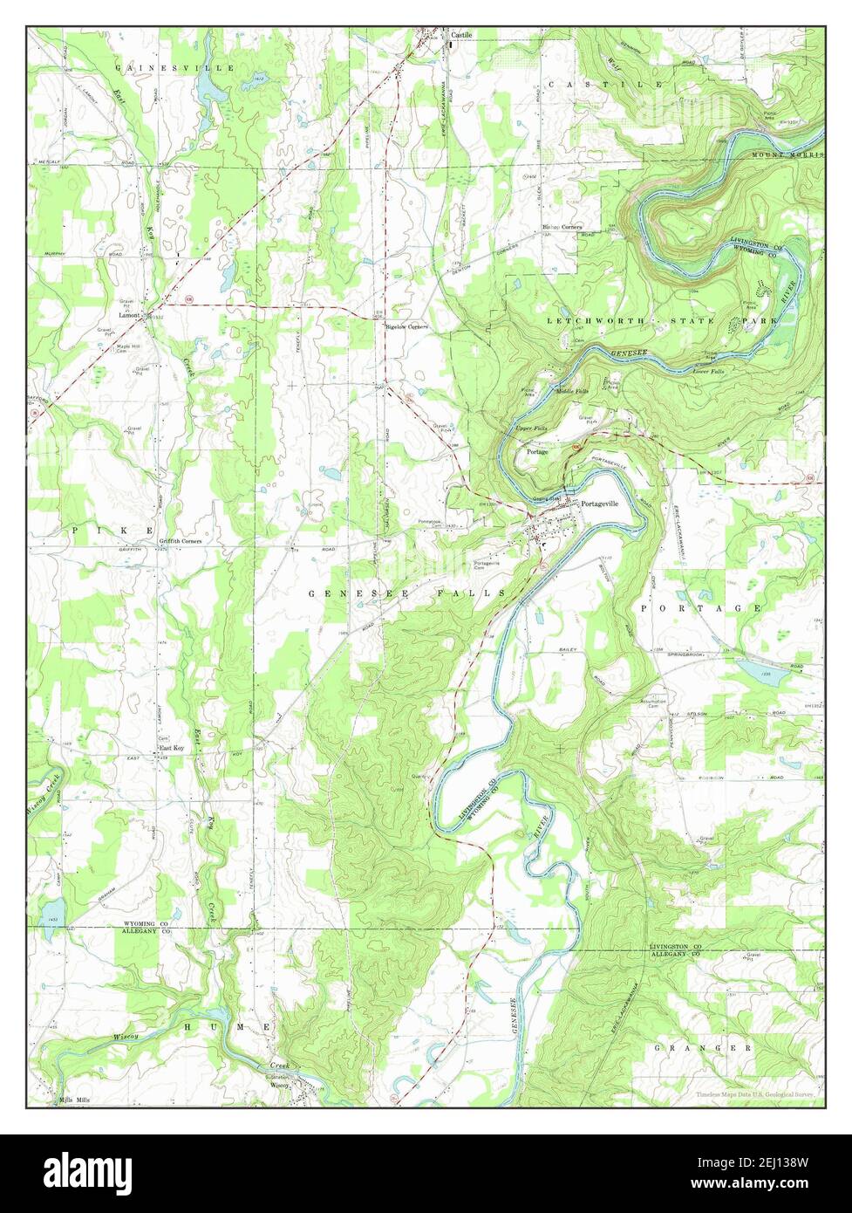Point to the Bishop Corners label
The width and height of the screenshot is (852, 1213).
coord(562,227)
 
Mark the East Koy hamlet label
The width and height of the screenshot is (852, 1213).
coord(171,748)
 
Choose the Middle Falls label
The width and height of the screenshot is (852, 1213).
coord(572,392)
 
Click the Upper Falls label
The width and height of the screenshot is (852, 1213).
coord(531,429)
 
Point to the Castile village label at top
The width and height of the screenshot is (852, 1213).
coord(461,35)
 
